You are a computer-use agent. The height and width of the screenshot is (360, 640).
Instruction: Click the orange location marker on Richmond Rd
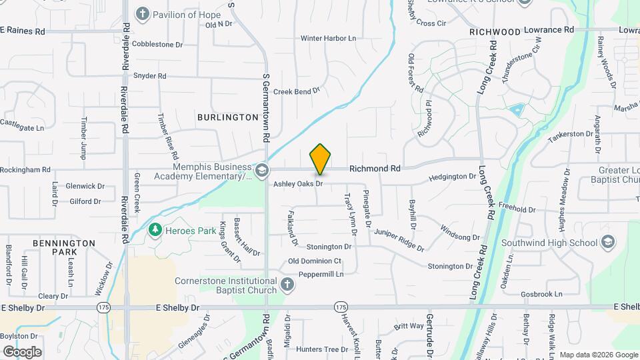click(320, 159)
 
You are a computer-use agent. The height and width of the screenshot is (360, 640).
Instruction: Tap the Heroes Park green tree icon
click(155, 230)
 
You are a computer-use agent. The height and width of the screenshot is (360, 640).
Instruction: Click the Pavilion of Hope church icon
click(142, 14)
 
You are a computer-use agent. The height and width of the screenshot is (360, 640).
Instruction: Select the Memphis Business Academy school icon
click(262, 171)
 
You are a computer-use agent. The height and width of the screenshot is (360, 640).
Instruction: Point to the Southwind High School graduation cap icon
click(607, 243)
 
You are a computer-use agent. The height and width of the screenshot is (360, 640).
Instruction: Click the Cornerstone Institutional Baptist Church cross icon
click(287, 285)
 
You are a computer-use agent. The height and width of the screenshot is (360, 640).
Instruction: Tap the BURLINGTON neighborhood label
click(227, 117)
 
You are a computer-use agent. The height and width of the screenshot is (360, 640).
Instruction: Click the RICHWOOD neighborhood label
click(494, 32)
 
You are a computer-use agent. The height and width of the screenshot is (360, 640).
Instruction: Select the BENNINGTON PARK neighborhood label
click(64, 248)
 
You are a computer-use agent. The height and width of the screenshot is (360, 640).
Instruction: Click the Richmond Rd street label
click(375, 169)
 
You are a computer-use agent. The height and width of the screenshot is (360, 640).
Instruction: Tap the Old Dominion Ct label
click(314, 261)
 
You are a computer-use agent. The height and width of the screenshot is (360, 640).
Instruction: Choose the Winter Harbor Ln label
click(328, 38)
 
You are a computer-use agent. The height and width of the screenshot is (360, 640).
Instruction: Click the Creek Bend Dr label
click(297, 91)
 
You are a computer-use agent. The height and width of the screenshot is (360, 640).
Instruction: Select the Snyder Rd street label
click(149, 76)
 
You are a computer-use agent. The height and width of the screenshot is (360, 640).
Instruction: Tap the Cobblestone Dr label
click(157, 45)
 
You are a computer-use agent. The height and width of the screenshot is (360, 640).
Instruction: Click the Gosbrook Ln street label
click(541, 293)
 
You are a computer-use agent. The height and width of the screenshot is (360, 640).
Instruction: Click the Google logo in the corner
click(22, 351)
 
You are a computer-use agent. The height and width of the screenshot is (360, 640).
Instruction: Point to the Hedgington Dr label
click(453, 177)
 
